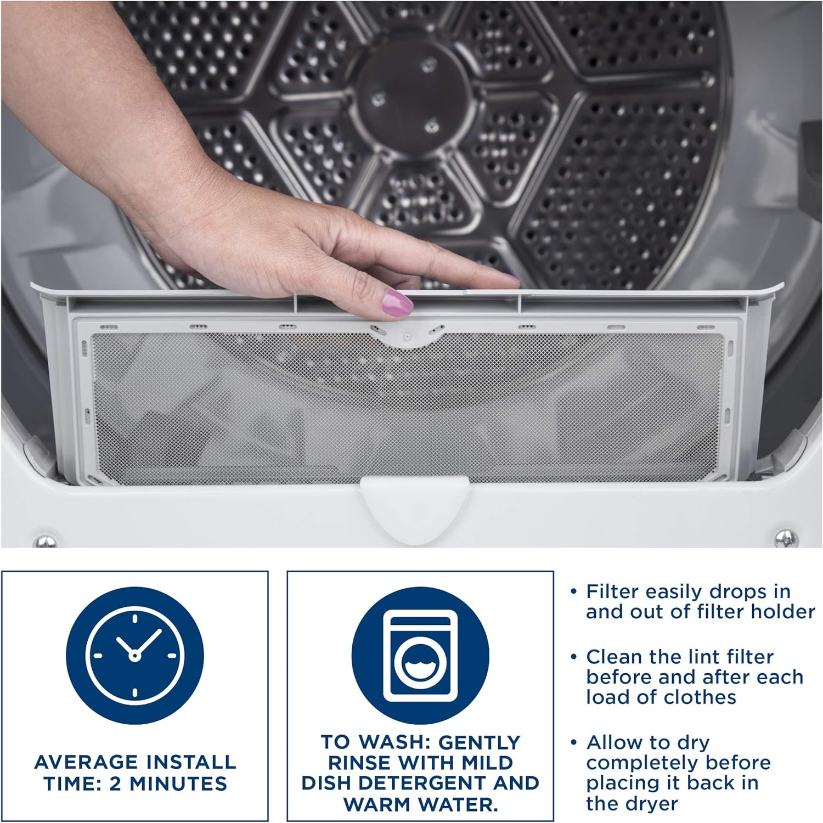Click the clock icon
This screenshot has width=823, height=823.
click(x=135, y=656)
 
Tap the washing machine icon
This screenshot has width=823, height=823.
click(x=420, y=656)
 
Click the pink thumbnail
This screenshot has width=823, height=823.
click(x=397, y=302)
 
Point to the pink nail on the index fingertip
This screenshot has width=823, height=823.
click(x=511, y=278)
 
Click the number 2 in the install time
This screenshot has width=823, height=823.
click(x=115, y=784)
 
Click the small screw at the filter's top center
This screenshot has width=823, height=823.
click(x=407, y=337)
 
